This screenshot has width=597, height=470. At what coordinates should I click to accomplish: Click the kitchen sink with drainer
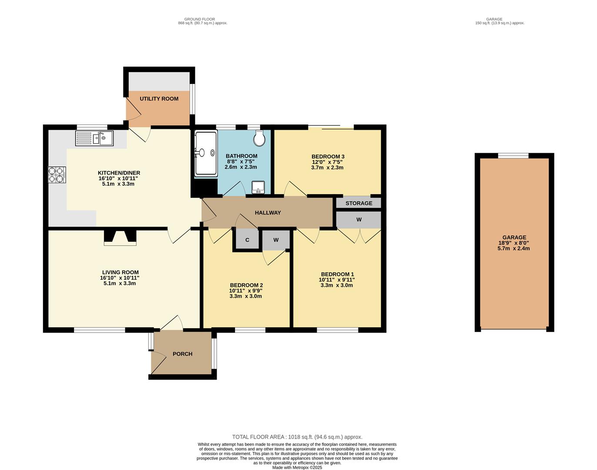coord(94,138)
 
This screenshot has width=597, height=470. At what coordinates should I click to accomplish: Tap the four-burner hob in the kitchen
coord(57,175)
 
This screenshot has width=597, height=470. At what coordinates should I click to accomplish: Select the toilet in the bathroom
coord(259,138)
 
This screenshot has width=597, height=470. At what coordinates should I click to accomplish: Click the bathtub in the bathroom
coord(206,154)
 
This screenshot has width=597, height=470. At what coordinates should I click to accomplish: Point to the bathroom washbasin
coord(258,187)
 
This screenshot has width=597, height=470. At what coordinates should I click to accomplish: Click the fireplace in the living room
coord(120,237)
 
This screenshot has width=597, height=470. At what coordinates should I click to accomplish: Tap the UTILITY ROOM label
coord(159,99)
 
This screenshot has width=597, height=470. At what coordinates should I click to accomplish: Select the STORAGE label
coord(359,203)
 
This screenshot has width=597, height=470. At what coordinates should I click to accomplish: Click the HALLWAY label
coord(268,212)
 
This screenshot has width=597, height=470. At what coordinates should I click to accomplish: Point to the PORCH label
coord(183,354)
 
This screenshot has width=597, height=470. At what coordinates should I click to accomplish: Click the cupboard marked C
coord(247,240)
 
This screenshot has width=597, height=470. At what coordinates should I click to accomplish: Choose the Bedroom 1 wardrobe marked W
coord(359,220)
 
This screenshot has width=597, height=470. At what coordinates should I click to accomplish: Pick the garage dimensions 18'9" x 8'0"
coord(514,243)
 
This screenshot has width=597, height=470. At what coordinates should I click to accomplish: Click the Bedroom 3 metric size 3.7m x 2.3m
coord(327,168)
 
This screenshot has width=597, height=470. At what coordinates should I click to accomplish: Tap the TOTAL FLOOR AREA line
coord(297,437)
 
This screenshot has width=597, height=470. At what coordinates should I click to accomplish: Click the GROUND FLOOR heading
coord(199,19)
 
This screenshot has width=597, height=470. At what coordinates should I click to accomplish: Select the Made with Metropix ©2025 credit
coord(297,467)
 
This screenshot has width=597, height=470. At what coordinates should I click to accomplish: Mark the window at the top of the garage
coord(513,156)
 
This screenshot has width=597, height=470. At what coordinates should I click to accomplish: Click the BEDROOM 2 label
coord(246,285)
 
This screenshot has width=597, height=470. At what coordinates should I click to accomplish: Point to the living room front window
coord(99,330)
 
